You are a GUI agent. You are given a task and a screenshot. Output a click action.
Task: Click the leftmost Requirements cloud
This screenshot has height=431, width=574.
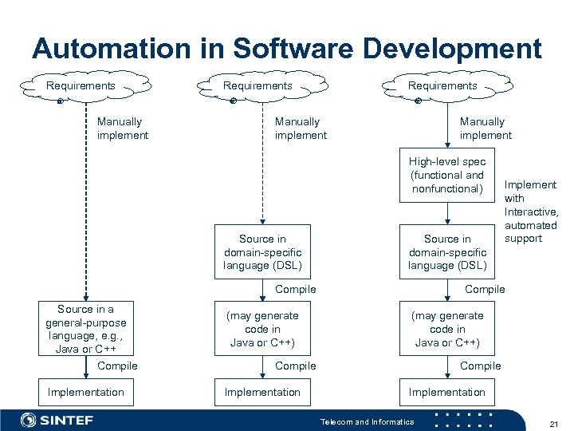tap(81, 86)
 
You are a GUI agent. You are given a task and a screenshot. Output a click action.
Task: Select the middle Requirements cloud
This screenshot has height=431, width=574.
tap(258, 86)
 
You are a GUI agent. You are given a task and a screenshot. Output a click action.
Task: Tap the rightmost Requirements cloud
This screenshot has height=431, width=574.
tap(442, 86)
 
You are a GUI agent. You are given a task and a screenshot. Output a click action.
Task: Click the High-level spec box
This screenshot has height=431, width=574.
tap(447, 176)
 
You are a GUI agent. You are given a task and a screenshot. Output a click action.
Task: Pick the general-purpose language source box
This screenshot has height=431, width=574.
tap(85, 329)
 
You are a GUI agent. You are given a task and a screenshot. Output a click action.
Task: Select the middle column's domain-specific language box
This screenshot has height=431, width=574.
tap(262, 252)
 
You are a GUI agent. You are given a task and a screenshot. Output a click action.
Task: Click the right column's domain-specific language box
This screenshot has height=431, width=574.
tap(447, 252)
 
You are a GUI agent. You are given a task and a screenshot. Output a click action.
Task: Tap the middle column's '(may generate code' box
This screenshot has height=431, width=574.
tap(262, 329)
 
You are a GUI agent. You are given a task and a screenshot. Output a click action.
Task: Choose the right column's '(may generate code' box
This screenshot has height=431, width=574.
tap(447, 329)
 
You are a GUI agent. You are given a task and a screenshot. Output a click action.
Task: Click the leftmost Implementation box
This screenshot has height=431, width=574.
tap(85, 392)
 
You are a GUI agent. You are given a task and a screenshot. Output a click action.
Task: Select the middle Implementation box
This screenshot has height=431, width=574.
tap(262, 392)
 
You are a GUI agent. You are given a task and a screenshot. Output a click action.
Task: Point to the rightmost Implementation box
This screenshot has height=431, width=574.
tap(447, 392)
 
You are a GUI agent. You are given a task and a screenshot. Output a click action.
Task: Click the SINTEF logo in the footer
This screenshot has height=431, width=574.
tap(61, 420)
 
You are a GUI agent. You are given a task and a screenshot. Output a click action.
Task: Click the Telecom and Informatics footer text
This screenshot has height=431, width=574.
tap(367, 421)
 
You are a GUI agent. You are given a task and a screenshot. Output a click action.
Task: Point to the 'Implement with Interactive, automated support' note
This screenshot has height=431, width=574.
tap(530, 212)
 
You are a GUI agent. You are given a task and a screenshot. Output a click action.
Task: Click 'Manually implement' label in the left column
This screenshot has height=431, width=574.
tap(122, 129)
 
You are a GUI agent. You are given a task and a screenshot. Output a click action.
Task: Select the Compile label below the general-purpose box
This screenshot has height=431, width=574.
tap(117, 366)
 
